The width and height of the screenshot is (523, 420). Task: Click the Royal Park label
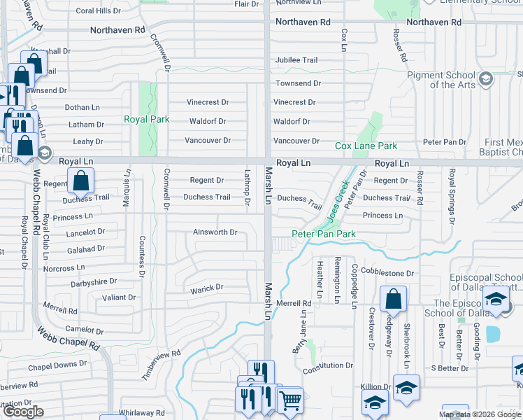pos(147,119)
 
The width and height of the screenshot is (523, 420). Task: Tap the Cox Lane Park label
pos(366,146)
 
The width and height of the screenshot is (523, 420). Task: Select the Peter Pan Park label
pos(324,234)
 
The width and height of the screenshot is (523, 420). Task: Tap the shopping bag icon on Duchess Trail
pos(81,181)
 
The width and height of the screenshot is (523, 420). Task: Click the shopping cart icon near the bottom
pos(290,400)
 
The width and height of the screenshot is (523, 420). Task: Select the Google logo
pos(23,412)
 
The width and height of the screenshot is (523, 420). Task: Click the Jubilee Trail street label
pos(296,60)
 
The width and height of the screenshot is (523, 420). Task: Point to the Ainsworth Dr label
pos(216,232)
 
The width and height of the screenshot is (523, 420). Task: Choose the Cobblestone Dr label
pos(388,274)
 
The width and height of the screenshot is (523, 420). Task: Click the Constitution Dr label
pos(328,365)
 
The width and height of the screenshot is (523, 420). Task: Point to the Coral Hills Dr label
pos(98,11)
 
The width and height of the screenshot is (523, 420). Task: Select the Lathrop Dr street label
pos(248,188)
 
